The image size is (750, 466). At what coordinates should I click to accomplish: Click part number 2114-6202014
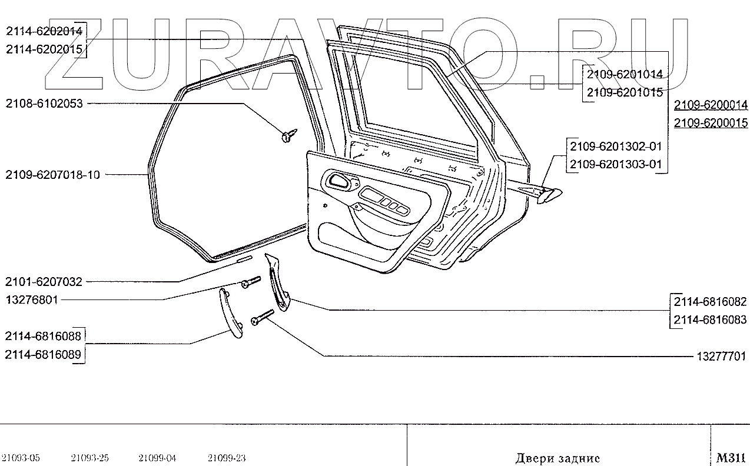[x=44, y=31]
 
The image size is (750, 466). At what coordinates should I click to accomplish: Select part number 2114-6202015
[x=44, y=49]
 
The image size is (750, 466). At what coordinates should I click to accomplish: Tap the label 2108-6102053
[x=44, y=104]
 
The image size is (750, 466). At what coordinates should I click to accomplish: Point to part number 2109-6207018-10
[x=52, y=175]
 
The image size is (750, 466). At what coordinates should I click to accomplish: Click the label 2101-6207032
[x=44, y=282]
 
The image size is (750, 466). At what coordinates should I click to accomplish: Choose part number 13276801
[x=32, y=300]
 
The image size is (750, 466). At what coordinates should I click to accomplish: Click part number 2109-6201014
[x=623, y=75]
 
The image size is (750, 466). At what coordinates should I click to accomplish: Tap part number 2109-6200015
[x=711, y=124]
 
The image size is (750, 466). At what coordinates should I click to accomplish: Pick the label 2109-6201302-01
[x=616, y=146]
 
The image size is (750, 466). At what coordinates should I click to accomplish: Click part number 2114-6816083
[x=711, y=320]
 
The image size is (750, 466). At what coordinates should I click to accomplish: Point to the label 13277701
[x=722, y=356]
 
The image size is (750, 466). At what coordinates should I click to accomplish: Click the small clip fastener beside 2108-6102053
[x=288, y=135]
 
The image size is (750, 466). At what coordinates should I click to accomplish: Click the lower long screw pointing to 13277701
[x=262, y=317]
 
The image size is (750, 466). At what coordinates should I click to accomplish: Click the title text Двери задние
[x=557, y=457]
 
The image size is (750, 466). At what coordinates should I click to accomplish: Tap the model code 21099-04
[x=157, y=458]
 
